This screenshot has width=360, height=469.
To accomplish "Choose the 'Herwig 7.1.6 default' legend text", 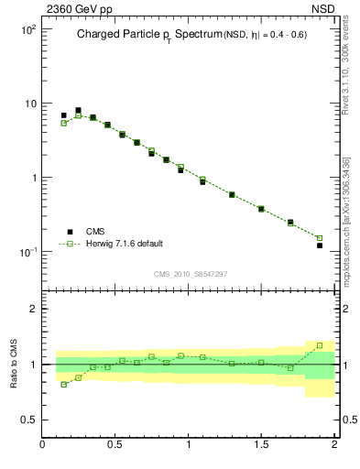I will [124, 244].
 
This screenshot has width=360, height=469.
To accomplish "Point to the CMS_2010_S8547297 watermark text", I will [189, 274].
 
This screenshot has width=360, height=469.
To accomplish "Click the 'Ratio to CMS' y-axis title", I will [15, 364].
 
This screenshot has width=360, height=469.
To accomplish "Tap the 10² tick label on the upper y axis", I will [27, 29].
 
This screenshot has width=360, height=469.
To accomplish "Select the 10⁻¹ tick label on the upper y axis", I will [27, 252].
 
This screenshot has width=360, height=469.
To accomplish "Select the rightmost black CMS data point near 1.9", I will [320, 245].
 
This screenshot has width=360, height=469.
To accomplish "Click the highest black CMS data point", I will [78, 110].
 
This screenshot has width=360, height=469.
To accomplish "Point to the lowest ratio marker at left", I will [63, 385].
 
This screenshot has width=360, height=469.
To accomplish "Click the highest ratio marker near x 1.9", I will [320, 345].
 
